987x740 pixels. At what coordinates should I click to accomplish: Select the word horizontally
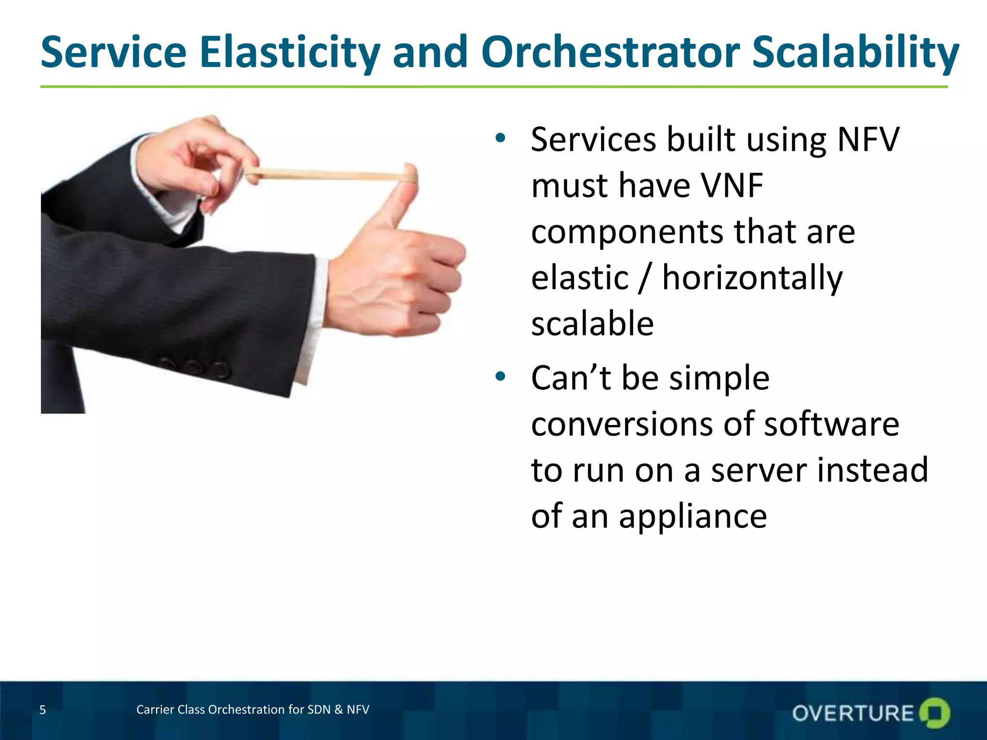pyautogui.click(x=752, y=278)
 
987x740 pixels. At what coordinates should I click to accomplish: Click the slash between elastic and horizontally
pyautogui.click(x=645, y=278)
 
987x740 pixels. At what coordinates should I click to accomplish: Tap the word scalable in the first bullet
pyautogui.click(x=592, y=324)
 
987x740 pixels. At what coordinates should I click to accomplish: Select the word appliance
pyautogui.click(x=693, y=516)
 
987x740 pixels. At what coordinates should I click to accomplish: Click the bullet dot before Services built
pyautogui.click(x=500, y=138)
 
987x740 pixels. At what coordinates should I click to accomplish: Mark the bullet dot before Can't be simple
pyautogui.click(x=500, y=376)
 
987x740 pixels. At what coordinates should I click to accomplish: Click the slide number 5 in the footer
pyautogui.click(x=42, y=710)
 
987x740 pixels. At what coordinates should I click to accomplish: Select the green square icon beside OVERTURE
pyautogui.click(x=934, y=713)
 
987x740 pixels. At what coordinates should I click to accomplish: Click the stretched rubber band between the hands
pyautogui.click(x=328, y=174)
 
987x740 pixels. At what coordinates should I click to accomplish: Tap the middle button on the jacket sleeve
pyautogui.click(x=192, y=366)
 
